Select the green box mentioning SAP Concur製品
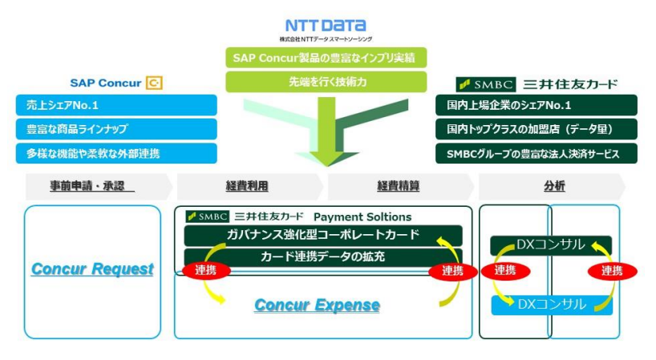(326, 58)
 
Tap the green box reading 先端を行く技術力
(326, 82)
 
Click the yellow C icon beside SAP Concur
(154, 83)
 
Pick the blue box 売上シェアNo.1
(116, 105)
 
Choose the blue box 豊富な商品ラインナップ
(116, 129)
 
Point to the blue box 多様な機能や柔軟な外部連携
(116, 153)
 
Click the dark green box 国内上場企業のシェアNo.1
(536, 105)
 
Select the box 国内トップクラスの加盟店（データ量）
(536, 129)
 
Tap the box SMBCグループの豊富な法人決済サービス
(536, 153)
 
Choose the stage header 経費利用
(247, 186)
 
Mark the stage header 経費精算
(398, 186)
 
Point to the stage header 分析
(553, 186)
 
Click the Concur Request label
(92, 269)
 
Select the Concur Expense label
(317, 305)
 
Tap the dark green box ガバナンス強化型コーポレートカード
(323, 235)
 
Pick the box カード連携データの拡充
(323, 257)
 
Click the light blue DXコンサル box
(551, 305)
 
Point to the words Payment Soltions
(362, 216)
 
